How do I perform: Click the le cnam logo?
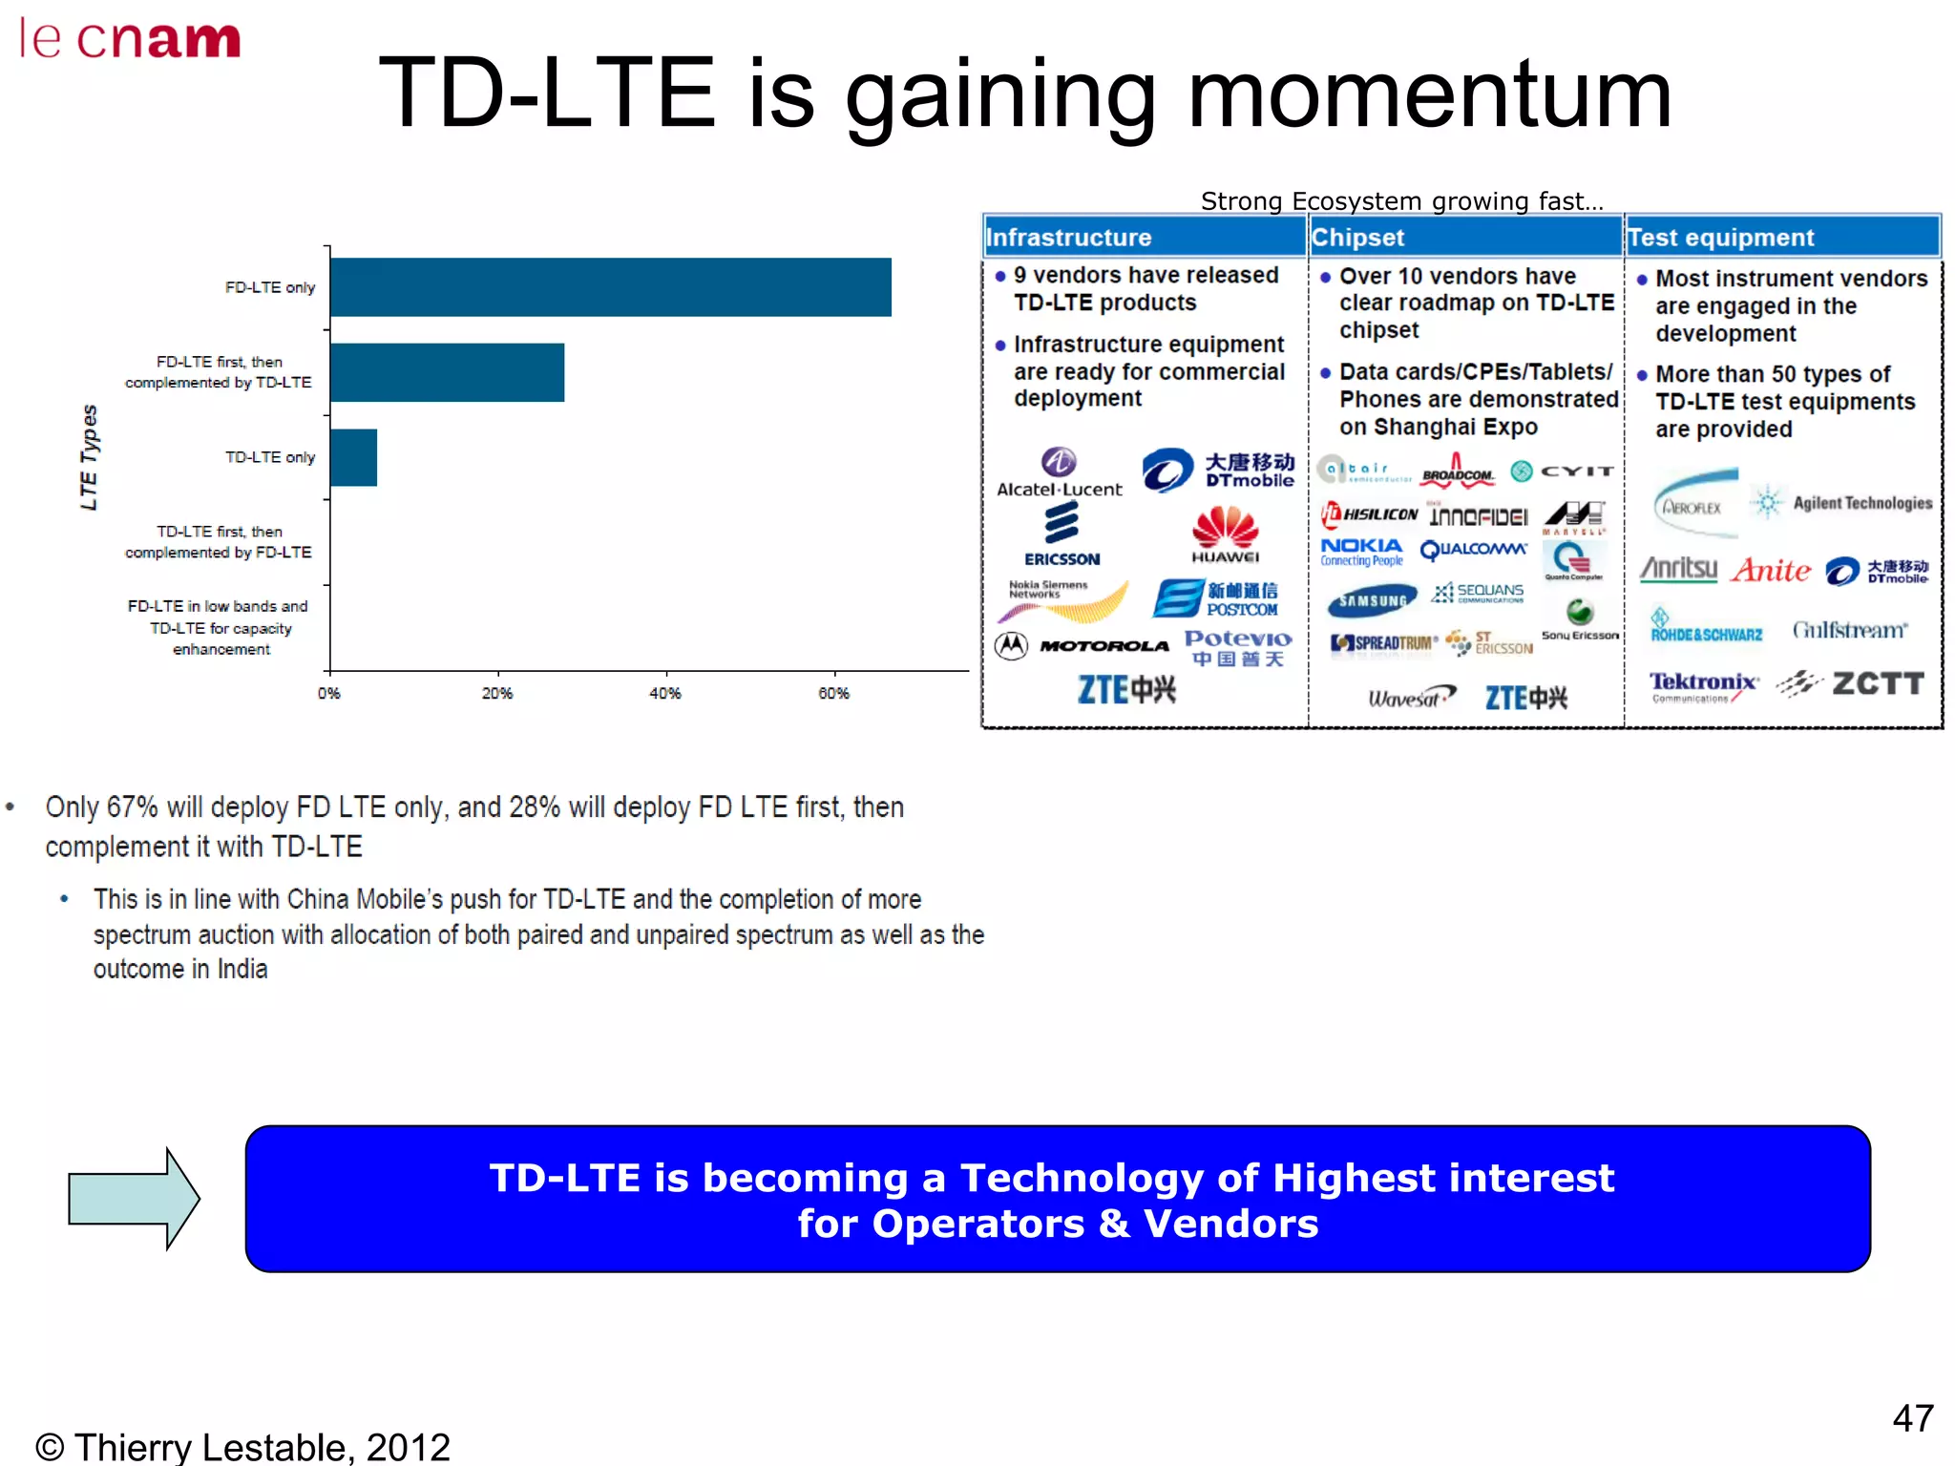130,40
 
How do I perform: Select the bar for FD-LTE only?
610,286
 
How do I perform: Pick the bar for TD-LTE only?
353,457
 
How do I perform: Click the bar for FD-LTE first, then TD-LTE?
447,372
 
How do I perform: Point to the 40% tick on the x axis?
664,692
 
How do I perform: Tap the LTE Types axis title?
89,457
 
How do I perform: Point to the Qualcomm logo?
1473,550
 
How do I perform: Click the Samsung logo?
1371,601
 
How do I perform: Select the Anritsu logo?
1678,569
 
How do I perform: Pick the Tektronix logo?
1703,684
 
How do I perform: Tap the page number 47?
1912,1418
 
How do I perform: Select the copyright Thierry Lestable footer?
242,1446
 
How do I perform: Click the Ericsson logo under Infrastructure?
1062,534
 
